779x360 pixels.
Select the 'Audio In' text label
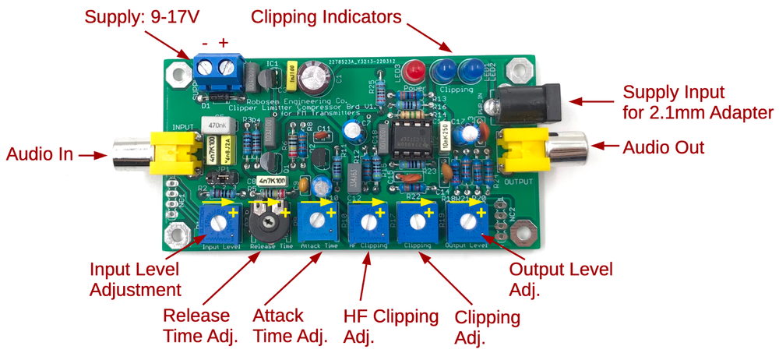pyautogui.click(x=38, y=154)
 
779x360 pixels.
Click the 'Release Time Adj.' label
pyautogui.click(x=196, y=326)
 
